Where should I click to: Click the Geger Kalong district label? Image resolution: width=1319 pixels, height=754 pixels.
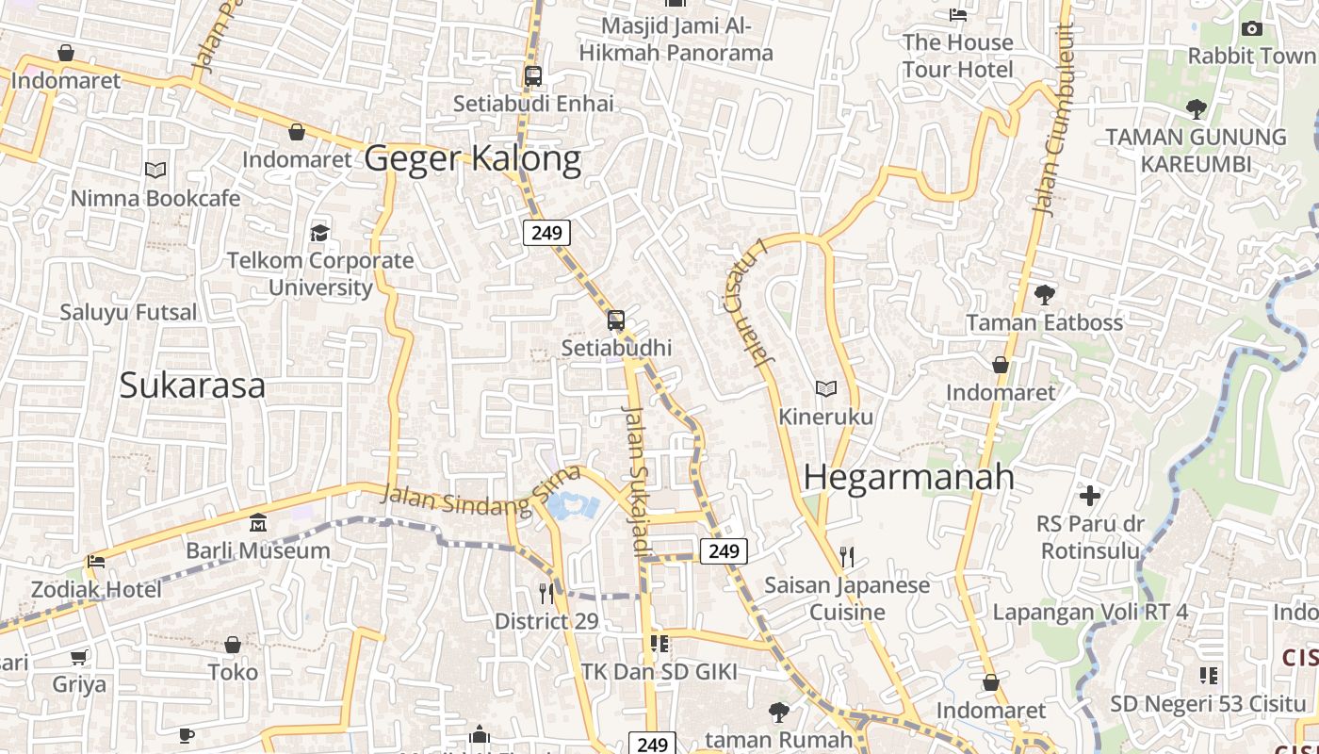click(472, 158)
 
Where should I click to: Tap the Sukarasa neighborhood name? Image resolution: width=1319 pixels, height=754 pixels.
click(192, 385)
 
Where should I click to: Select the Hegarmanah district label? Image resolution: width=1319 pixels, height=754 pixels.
click(909, 477)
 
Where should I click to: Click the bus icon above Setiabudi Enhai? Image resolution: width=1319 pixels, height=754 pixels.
click(533, 76)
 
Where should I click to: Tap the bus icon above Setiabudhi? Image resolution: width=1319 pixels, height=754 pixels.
click(616, 320)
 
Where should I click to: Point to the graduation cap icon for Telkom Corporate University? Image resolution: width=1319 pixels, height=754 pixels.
click(320, 233)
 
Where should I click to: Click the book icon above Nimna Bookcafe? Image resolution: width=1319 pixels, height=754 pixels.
click(155, 171)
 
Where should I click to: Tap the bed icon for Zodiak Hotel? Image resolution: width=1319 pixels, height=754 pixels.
click(96, 562)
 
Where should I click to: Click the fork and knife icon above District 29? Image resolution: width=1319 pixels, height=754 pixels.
click(546, 593)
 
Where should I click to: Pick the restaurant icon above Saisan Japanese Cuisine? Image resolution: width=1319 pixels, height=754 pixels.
click(847, 557)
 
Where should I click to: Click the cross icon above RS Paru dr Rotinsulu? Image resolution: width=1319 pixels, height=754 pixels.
click(1090, 496)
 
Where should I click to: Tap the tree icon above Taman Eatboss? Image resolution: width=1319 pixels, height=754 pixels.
click(1044, 295)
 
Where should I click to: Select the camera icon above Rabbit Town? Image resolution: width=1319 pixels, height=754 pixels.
click(1252, 29)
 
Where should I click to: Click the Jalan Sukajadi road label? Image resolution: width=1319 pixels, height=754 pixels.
click(636, 481)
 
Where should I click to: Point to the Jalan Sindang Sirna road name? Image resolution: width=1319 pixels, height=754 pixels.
click(480, 500)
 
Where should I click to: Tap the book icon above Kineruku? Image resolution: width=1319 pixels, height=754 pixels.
click(826, 388)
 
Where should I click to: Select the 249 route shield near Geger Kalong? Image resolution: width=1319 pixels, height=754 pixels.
click(547, 232)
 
